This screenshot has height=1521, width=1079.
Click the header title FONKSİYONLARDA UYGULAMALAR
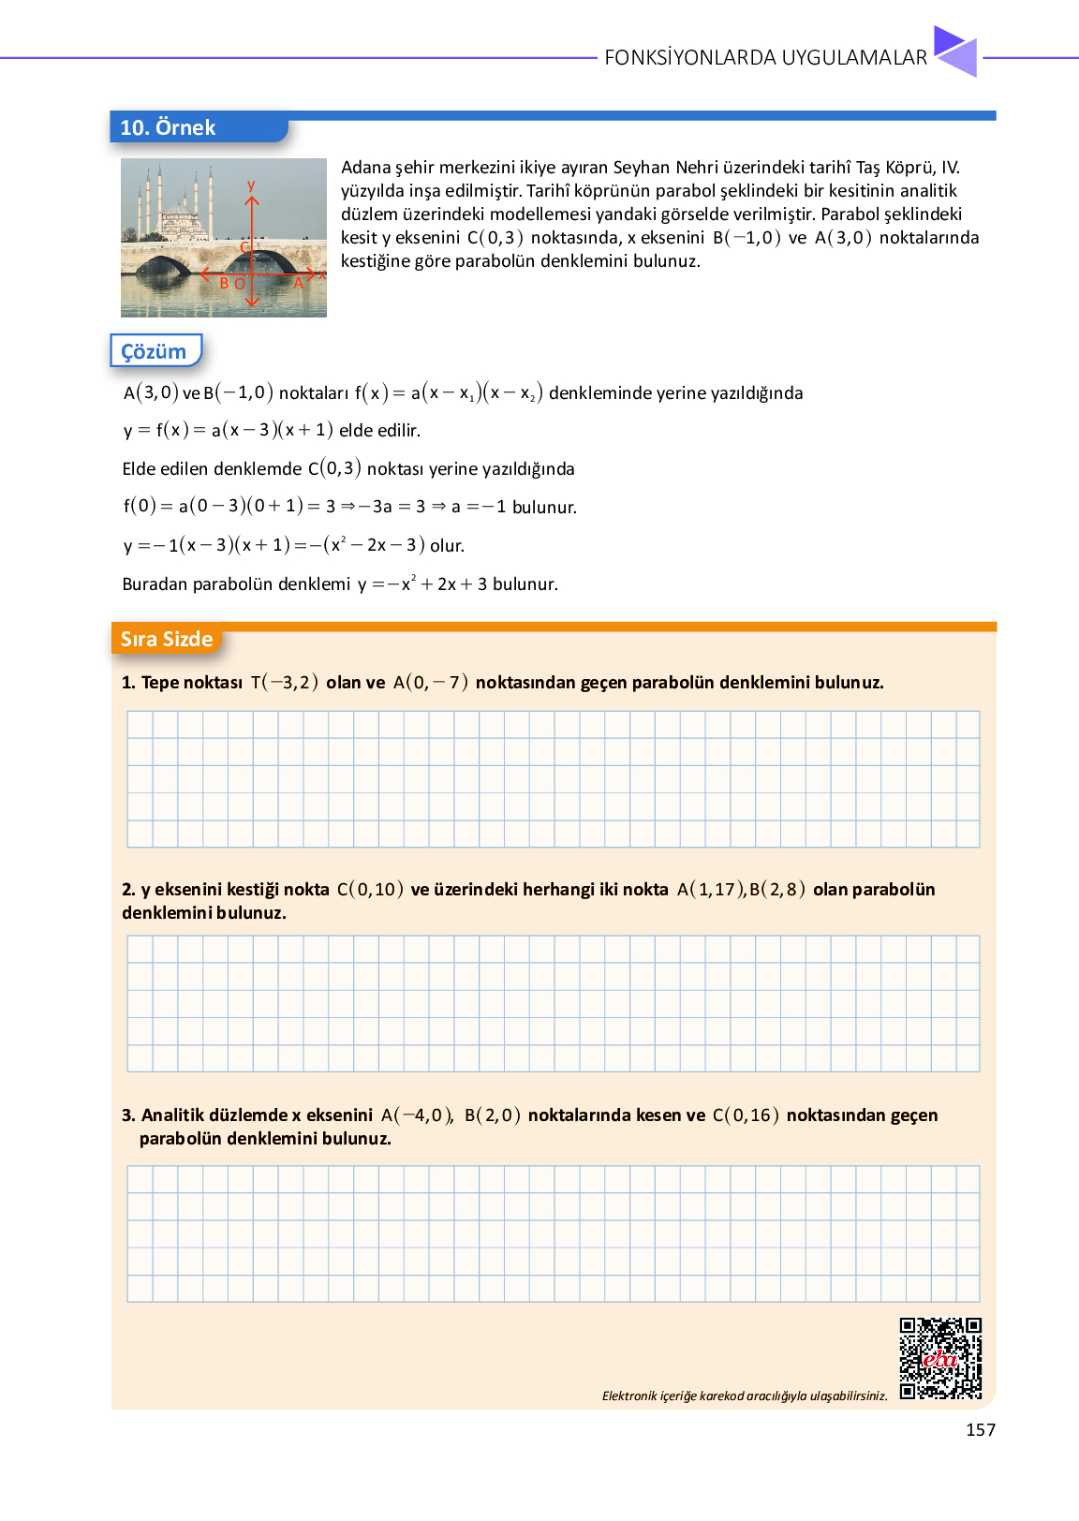pyautogui.click(x=765, y=57)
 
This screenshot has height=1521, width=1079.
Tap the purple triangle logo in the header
pyautogui.click(x=955, y=52)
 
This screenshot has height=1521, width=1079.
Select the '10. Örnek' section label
pyautogui.click(x=169, y=127)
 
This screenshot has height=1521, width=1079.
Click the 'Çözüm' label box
pyautogui.click(x=155, y=351)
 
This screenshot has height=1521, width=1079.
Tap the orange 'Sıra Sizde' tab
pyautogui.click(x=167, y=639)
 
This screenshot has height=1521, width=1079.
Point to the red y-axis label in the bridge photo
pyautogui.click(x=251, y=185)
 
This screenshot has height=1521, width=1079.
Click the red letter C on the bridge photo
pyautogui.click(x=244, y=247)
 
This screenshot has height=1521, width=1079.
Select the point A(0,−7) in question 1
pyautogui.click(x=430, y=682)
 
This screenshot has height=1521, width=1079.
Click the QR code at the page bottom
pyautogui.click(x=940, y=1358)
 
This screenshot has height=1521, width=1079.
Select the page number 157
pyautogui.click(x=981, y=1429)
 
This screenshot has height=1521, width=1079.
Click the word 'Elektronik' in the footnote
pyautogui.click(x=629, y=1395)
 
